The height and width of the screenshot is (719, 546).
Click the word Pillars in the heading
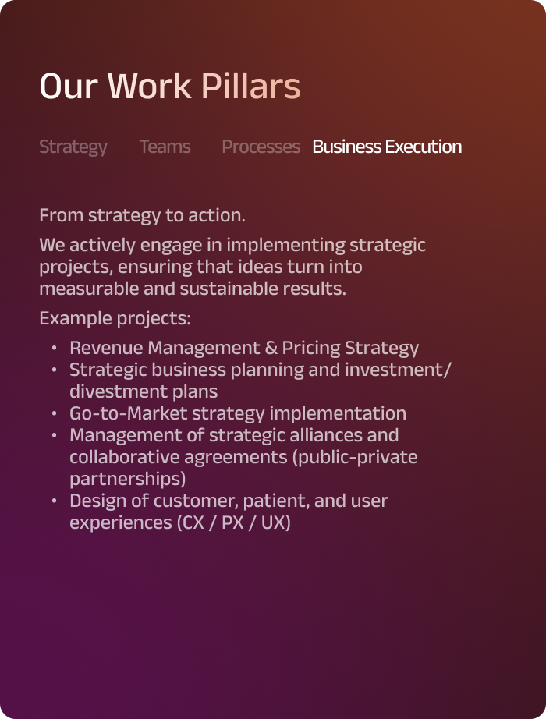click(x=250, y=85)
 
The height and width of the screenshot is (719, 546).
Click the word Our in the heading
click(x=69, y=86)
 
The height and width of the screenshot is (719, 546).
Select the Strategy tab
click(x=73, y=147)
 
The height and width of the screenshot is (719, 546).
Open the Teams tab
click(x=165, y=147)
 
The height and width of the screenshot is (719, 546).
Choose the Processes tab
click(x=261, y=147)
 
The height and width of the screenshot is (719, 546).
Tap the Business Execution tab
click(x=387, y=147)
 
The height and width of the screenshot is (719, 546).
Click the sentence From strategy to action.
click(x=142, y=215)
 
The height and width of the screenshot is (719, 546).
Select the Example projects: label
click(x=115, y=318)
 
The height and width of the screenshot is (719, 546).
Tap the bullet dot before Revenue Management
click(x=54, y=348)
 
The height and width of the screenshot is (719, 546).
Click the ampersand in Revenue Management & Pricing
click(x=271, y=348)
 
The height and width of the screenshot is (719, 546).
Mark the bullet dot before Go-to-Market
click(x=54, y=413)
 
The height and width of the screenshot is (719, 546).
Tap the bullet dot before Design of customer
click(x=54, y=501)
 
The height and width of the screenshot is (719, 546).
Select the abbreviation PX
click(x=232, y=522)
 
